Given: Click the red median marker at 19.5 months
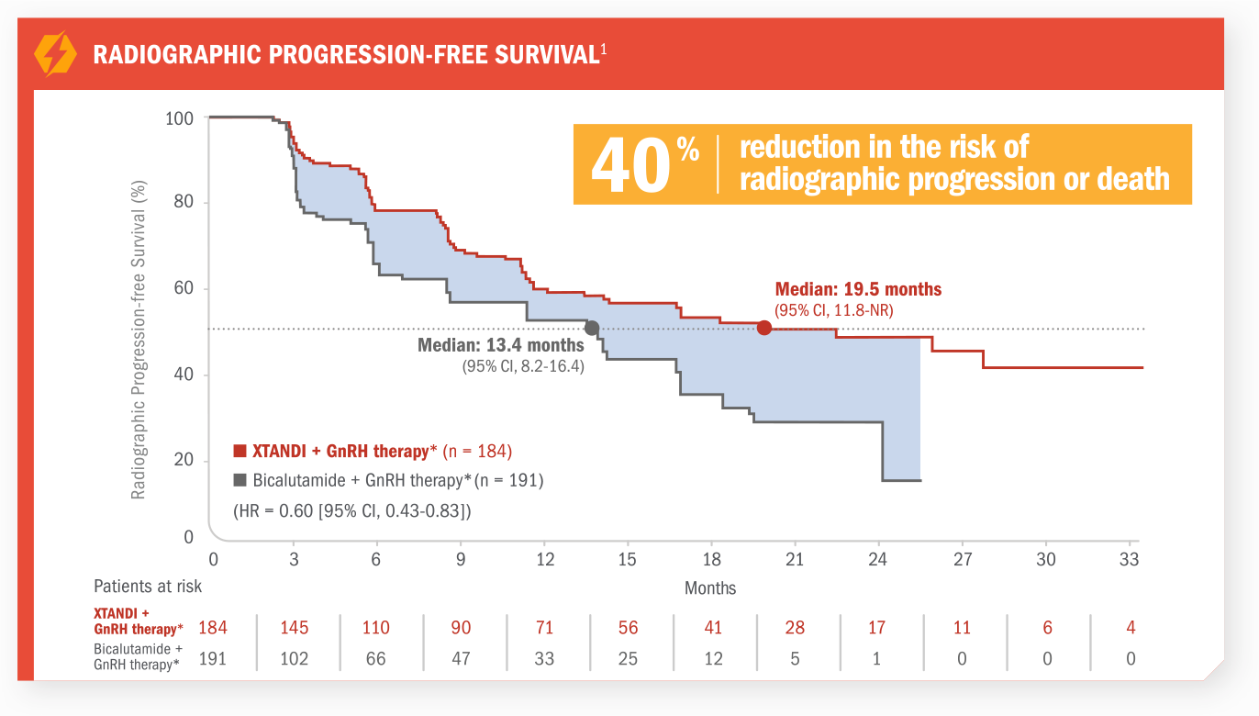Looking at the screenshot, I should pos(764,328).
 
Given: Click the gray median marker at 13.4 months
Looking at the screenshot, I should pos(592,328).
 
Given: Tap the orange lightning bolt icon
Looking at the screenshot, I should pos(55,54).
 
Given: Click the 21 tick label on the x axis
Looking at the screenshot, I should pos(795,559).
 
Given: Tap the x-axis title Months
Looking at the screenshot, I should pos(710,587).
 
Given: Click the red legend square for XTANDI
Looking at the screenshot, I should pos(240,452).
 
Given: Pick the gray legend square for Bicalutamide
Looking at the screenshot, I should pos(240,480).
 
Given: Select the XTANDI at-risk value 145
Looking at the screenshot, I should pos(295,628).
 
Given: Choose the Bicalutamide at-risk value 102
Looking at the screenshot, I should pos(295,658).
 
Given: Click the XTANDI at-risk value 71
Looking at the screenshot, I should pos(545,628).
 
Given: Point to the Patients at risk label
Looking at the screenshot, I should pos(148,586).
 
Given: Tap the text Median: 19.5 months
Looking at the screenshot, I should pos(858,289).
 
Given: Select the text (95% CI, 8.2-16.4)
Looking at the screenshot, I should pos(522,366).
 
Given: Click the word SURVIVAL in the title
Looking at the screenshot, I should pos(546,54).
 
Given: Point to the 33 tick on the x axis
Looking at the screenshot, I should pos(1130,559).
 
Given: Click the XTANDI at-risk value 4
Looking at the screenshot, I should pos(1131,628).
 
